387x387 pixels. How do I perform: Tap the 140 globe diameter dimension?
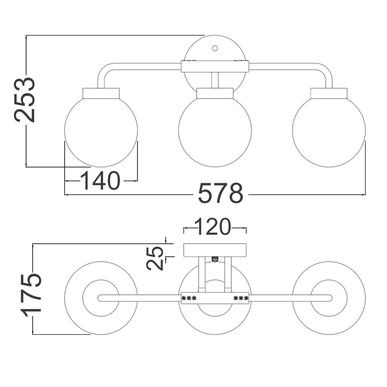coord(101,180)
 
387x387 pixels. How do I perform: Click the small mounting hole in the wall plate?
coord(215,48)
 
